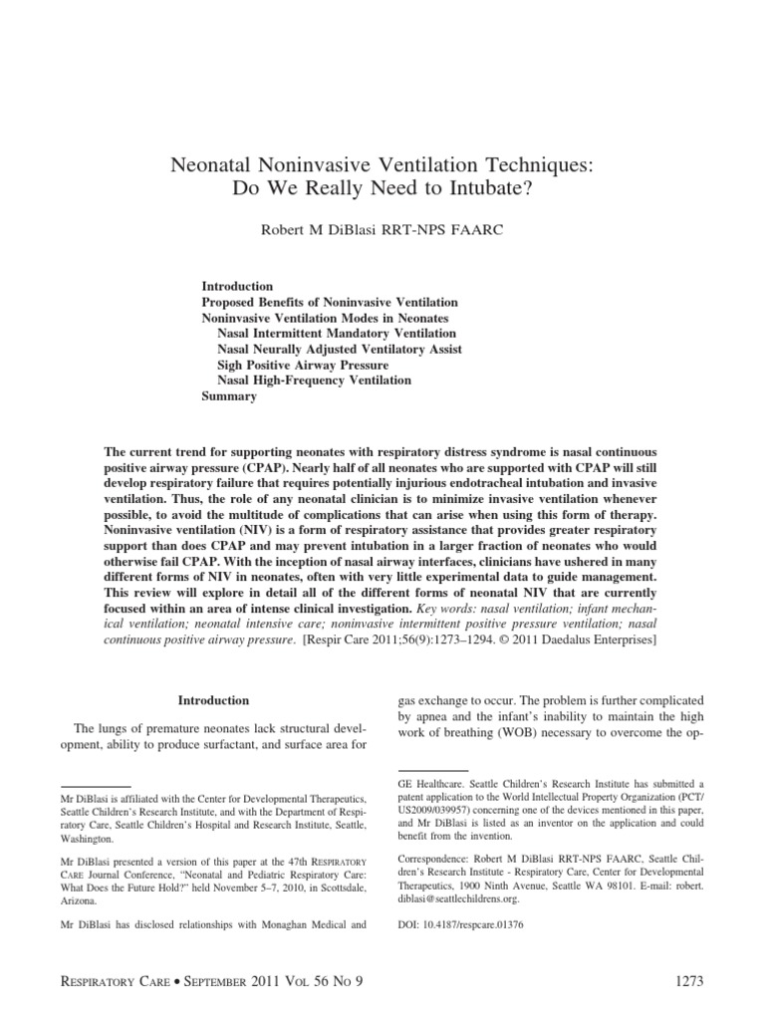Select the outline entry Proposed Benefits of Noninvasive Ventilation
click(330, 302)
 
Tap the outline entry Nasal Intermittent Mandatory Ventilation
click(337, 333)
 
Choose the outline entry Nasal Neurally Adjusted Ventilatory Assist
click(340, 349)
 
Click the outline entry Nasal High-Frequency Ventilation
click(314, 381)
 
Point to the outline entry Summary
click(229, 396)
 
